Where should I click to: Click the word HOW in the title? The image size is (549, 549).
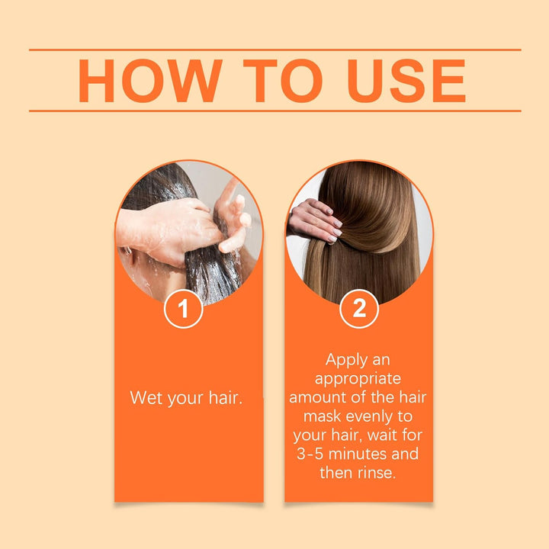click(150, 81)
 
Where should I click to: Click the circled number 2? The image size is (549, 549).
click(358, 310)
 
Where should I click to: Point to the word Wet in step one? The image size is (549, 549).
click(146, 397)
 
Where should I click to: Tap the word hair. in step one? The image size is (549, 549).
click(225, 397)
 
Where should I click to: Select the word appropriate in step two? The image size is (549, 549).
click(358, 378)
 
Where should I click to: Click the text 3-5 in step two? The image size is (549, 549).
click(313, 454)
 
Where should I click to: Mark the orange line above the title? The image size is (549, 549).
click(274, 50)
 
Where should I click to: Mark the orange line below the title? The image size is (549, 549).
click(274, 111)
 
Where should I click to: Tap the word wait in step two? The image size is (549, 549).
click(389, 435)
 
